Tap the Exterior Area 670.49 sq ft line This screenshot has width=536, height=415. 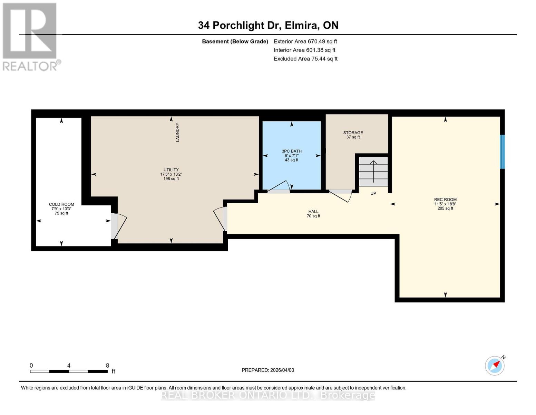point(305,41)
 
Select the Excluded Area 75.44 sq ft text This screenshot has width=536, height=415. point(305,59)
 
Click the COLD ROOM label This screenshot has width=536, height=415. point(61,204)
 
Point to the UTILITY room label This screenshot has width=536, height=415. point(171,170)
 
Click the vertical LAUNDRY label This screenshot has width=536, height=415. point(177,132)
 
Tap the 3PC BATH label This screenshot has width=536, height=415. point(292,151)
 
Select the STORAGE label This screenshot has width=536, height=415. point(353,133)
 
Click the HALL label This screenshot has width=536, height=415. point(313,212)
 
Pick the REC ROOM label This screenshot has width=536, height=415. point(445,200)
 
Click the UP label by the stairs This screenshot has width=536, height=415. point(373,194)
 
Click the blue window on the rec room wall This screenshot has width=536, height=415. point(503,152)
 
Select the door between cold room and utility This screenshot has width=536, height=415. point(117,227)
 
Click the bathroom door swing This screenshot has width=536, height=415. point(280,187)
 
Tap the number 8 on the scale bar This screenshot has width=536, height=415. point(108,366)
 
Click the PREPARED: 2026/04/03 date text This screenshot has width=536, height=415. point(268,370)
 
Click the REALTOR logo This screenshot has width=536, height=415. point(30,36)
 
